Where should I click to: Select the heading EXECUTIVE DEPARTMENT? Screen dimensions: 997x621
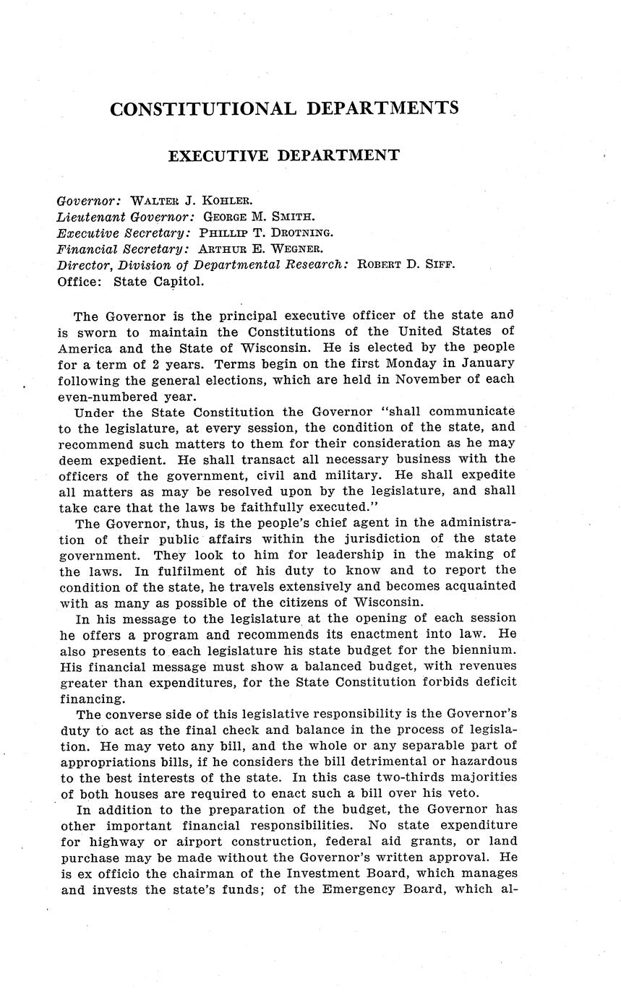coord(283,155)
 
